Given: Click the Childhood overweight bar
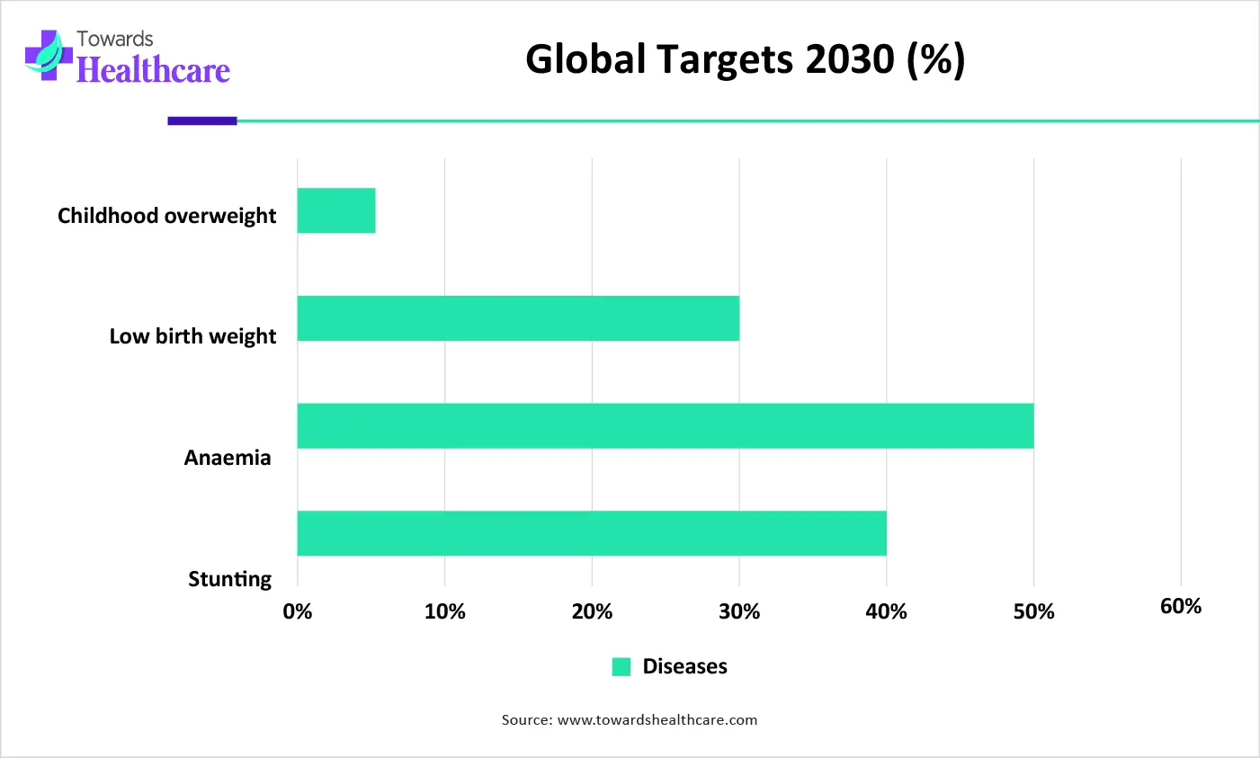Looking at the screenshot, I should (x=336, y=210).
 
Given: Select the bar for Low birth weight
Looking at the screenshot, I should (x=518, y=318).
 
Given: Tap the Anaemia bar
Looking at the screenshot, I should (x=666, y=425).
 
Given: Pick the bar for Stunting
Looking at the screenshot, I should (x=592, y=533).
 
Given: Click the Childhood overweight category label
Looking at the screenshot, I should (x=167, y=216).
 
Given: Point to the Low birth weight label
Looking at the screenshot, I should (x=192, y=336).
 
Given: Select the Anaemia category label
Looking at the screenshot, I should (x=228, y=458).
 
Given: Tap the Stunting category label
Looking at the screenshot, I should (x=229, y=579).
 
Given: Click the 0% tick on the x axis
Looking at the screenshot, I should (x=298, y=611).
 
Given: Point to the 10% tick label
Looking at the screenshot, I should (x=444, y=611).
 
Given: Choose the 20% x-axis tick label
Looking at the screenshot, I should (x=592, y=611).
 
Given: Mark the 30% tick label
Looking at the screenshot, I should (x=739, y=611).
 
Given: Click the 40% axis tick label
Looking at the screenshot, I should (x=886, y=611).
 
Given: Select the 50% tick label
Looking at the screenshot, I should (x=1033, y=611).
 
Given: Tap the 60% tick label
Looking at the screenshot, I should (x=1180, y=606).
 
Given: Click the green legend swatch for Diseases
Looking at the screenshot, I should (x=621, y=666).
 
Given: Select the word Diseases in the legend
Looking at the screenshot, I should (x=684, y=666).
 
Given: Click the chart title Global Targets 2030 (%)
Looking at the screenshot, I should (x=745, y=59).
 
